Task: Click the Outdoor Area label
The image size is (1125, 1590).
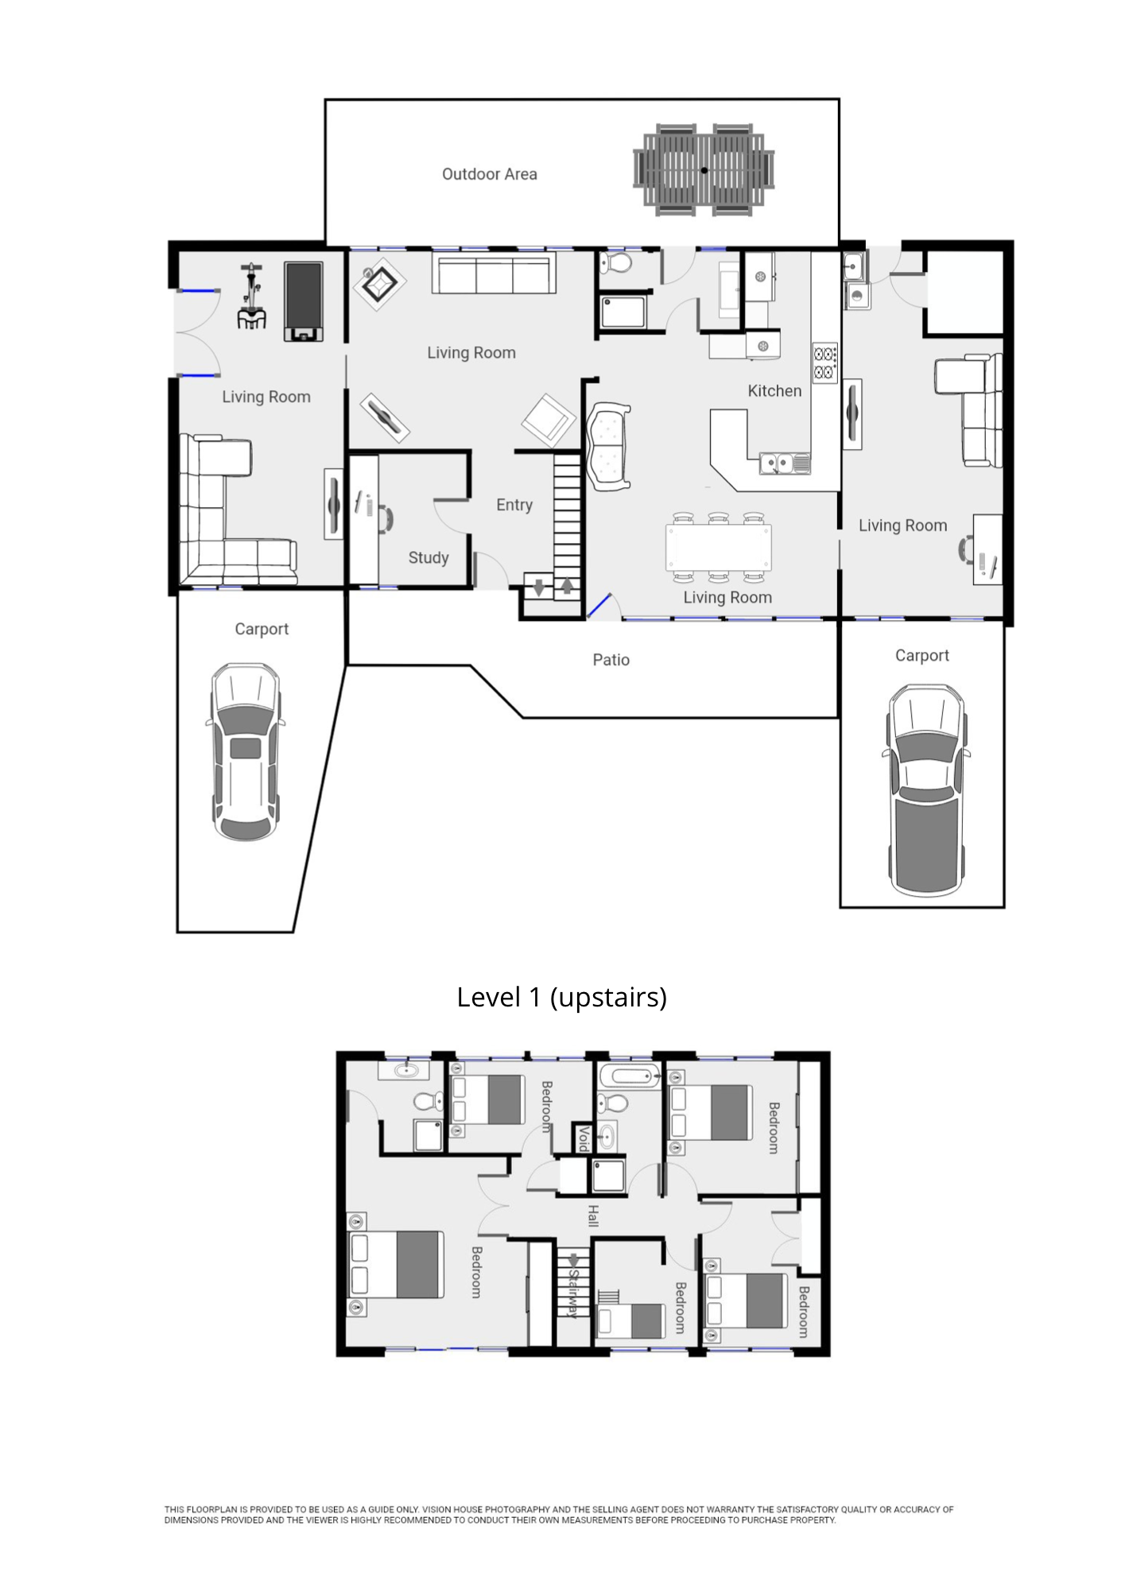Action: pyautogui.click(x=489, y=174)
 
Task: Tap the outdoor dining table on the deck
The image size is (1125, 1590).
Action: pyautogui.click(x=704, y=170)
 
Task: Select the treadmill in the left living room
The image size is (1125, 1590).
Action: pyautogui.click(x=304, y=301)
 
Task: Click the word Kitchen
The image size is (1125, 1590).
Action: pyautogui.click(x=774, y=391)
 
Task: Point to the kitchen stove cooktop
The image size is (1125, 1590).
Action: pyautogui.click(x=824, y=363)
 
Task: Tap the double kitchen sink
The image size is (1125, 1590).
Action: pyautogui.click(x=785, y=463)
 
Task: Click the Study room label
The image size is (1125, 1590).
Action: pyautogui.click(x=429, y=558)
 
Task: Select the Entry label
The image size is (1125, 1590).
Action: pyautogui.click(x=514, y=505)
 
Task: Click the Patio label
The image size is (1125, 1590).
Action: pyautogui.click(x=611, y=660)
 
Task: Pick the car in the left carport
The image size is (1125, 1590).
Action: pyautogui.click(x=246, y=752)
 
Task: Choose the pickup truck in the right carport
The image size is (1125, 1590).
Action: pyautogui.click(x=926, y=790)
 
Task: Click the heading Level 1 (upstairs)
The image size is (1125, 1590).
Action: pyautogui.click(x=561, y=997)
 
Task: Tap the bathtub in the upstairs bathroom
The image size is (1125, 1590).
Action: pyautogui.click(x=630, y=1077)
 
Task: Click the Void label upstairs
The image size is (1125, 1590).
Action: pyautogui.click(x=584, y=1138)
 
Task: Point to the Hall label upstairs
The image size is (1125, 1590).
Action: pyautogui.click(x=593, y=1216)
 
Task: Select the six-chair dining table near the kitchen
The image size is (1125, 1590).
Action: pyautogui.click(x=719, y=548)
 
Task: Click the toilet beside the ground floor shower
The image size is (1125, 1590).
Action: pyautogui.click(x=615, y=262)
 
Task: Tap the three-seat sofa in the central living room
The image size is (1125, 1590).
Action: pyautogui.click(x=494, y=274)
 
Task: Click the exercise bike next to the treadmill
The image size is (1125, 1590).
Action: pyautogui.click(x=252, y=297)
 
